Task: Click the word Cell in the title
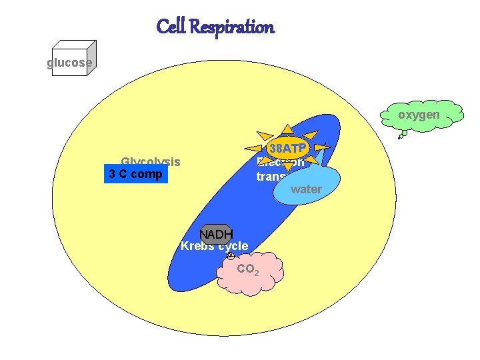pyautogui.click(x=171, y=27)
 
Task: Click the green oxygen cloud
pyautogui.click(x=420, y=115)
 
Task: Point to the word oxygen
pyautogui.click(x=419, y=115)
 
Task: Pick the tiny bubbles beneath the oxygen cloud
pyautogui.click(x=402, y=135)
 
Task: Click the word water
pyautogui.click(x=307, y=189)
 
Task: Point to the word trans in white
pyautogui.click(x=271, y=177)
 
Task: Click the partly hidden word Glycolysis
pyautogui.click(x=151, y=161)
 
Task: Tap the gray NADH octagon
pyautogui.click(x=216, y=234)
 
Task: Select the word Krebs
pyautogui.click(x=196, y=246)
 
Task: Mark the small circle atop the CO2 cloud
pyautogui.click(x=230, y=256)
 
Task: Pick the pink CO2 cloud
pyautogui.click(x=250, y=273)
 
